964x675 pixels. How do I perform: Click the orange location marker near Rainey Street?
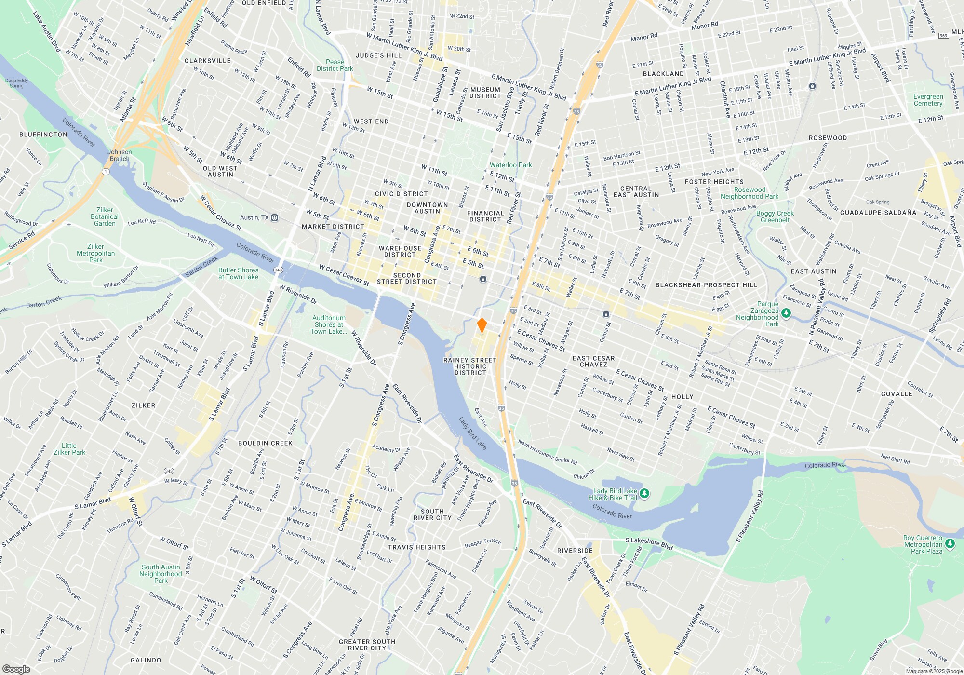point(482,325)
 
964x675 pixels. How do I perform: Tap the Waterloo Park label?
point(511,165)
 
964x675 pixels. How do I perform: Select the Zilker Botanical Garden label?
point(105,216)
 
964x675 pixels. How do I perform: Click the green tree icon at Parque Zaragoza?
point(786,313)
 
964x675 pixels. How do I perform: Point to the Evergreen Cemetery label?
point(928,100)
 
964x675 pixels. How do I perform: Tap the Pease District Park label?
point(335,65)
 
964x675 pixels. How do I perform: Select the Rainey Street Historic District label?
point(470,366)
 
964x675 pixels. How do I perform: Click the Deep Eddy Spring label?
point(16,83)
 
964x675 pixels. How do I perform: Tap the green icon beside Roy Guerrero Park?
point(950,544)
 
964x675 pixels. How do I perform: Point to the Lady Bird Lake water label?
point(472,433)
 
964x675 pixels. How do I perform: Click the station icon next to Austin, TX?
point(275,217)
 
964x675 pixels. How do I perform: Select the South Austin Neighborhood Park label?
point(161,574)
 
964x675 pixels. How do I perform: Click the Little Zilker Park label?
point(69,449)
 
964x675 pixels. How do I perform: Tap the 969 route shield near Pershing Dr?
point(944,35)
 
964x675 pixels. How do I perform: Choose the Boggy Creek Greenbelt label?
point(775,216)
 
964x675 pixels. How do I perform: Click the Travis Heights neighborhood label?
point(417,547)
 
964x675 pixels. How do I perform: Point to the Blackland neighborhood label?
point(663,74)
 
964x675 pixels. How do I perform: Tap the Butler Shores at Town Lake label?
point(238,273)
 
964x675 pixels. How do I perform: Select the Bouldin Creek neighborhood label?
point(265,443)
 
